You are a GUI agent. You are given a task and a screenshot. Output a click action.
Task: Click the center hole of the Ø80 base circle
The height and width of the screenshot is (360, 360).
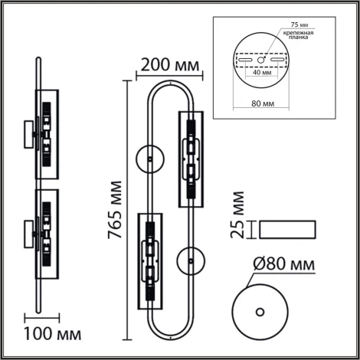click(261, 312)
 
